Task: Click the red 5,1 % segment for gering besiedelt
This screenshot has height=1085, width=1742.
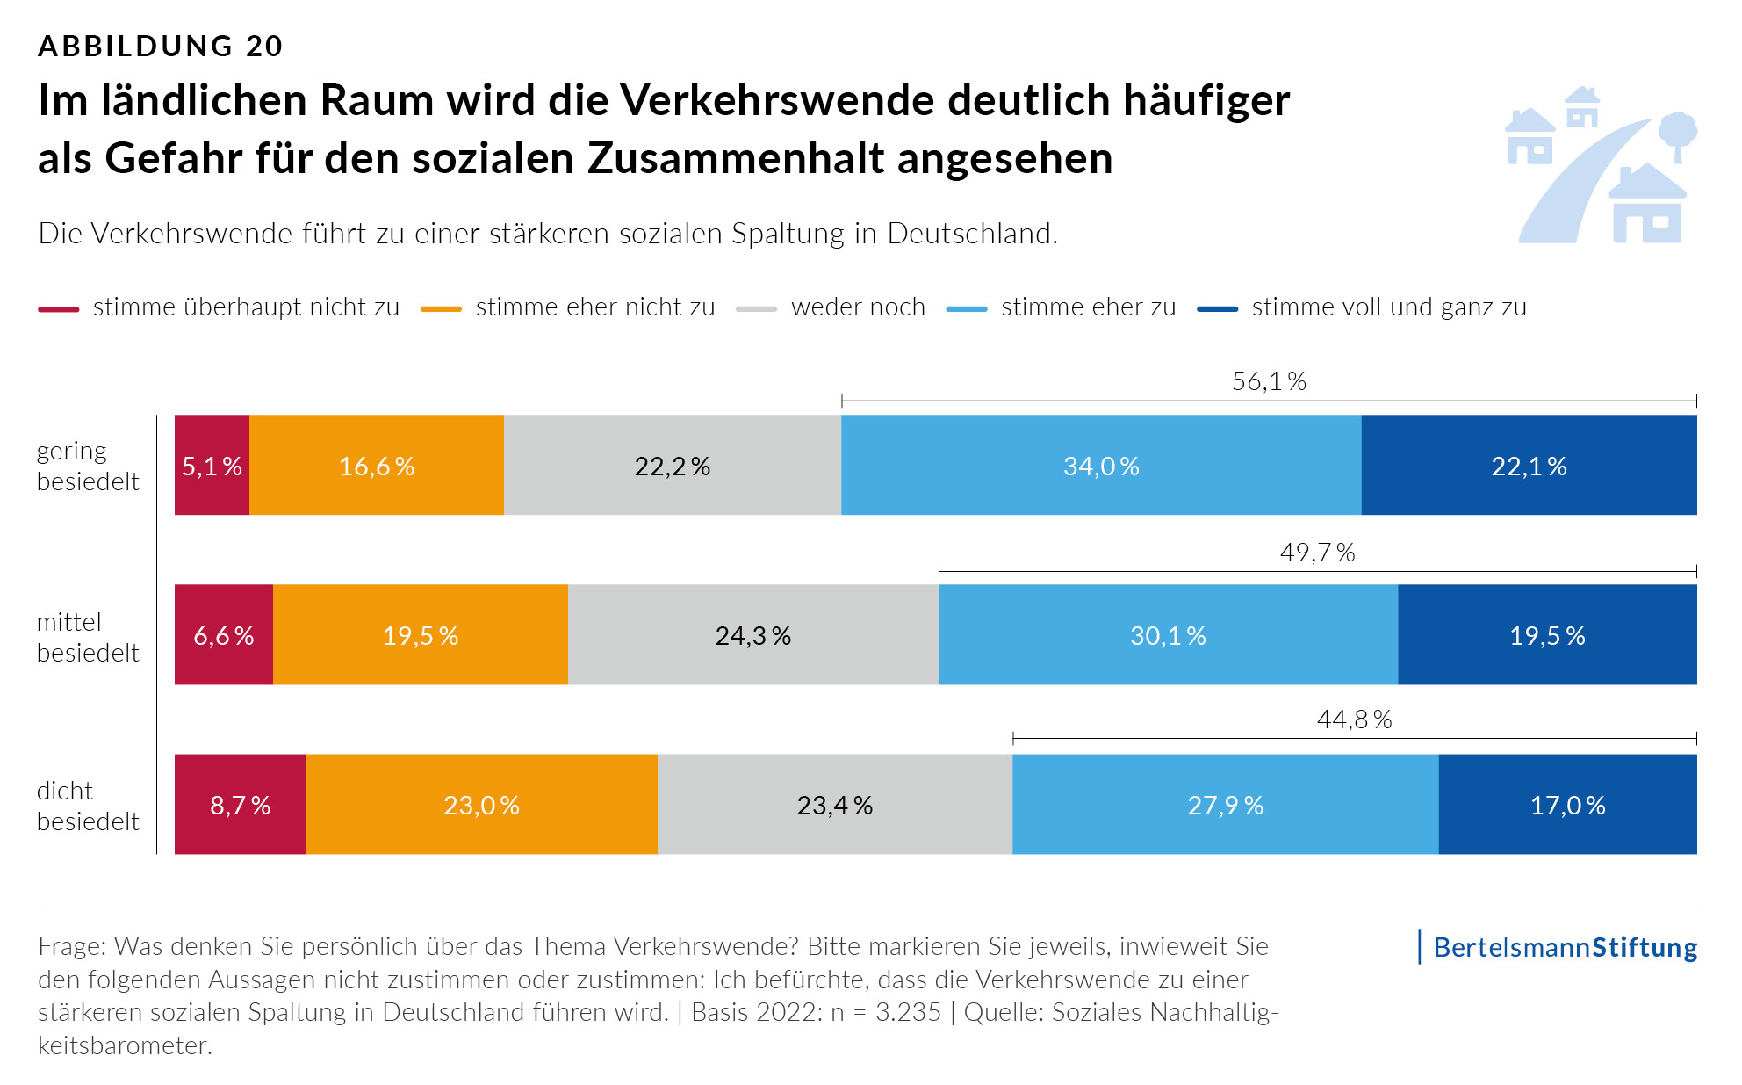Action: [212, 465]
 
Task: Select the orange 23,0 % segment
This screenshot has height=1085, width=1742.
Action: [481, 804]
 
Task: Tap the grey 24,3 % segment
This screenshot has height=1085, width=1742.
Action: [752, 634]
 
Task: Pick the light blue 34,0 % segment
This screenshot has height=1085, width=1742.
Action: [1100, 465]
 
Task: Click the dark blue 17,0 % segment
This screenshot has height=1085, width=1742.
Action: [1567, 804]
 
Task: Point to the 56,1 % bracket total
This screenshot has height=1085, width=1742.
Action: [1269, 381]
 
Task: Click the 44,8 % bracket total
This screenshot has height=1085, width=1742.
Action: [1354, 720]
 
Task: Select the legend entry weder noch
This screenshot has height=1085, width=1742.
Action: [857, 307]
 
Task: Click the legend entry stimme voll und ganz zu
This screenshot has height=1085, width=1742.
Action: [1388, 307]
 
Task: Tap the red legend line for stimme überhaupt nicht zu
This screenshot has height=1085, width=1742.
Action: [59, 309]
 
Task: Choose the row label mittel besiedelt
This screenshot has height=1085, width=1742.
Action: [88, 637]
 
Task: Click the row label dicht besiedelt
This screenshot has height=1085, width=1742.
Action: [88, 806]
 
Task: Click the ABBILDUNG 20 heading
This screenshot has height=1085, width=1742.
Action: [161, 46]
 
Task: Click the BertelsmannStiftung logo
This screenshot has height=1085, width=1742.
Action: [1565, 947]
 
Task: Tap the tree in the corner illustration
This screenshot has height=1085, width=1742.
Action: [1677, 134]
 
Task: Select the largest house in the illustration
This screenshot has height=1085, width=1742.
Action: [1647, 206]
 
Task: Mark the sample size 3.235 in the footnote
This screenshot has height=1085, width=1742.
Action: [908, 1012]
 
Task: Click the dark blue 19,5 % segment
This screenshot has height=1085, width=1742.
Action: [1546, 634]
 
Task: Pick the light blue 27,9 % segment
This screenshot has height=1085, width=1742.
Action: [1225, 804]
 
